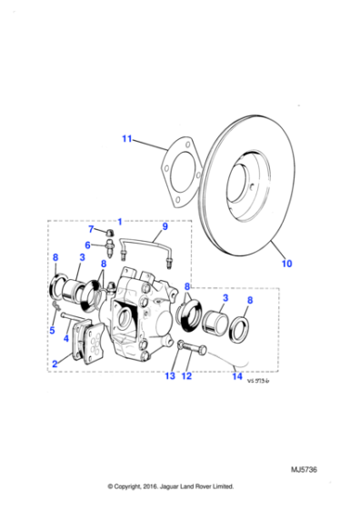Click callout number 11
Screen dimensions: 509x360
pyautogui.click(x=127, y=138)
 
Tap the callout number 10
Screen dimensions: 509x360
pyautogui.click(x=286, y=266)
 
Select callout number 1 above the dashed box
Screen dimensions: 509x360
pyautogui.click(x=118, y=221)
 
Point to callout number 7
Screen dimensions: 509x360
pyautogui.click(x=90, y=231)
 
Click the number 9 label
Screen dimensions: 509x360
pyautogui.click(x=165, y=226)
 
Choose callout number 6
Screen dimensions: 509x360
pyautogui.click(x=89, y=245)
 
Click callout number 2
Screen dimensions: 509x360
pyautogui.click(x=55, y=364)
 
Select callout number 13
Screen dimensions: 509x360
pyautogui.click(x=170, y=375)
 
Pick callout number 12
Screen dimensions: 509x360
pyautogui.click(x=187, y=375)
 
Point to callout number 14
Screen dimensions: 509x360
pyautogui.click(x=237, y=375)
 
